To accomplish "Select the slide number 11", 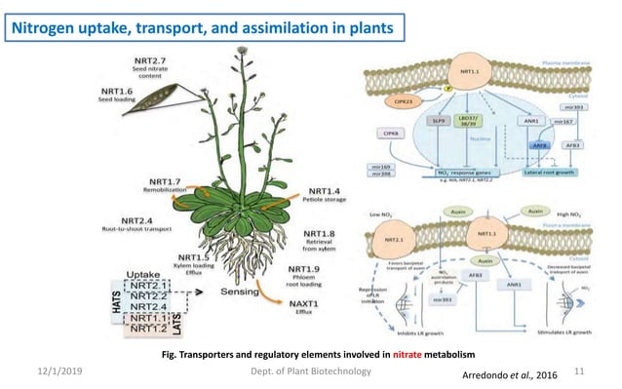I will [578, 371].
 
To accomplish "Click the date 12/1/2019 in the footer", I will [63, 371].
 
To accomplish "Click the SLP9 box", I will [441, 121].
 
